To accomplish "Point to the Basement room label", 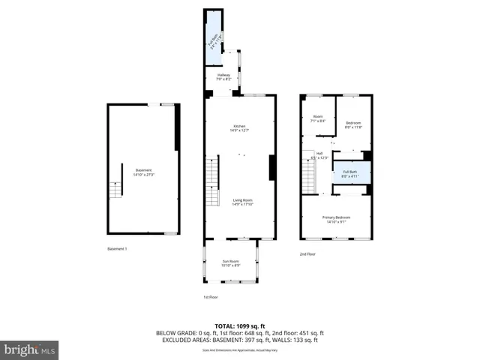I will pyautogui.click(x=143, y=172).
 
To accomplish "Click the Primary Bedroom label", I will pyautogui.click(x=337, y=219).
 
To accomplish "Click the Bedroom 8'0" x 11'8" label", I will pyautogui.click(x=353, y=124).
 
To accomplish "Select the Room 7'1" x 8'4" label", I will pyautogui.click(x=318, y=118).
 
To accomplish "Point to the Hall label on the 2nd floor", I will pyautogui.click(x=319, y=155).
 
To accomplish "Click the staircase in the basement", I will pyautogui.click(x=115, y=189).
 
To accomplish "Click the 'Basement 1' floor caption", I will pyautogui.click(x=118, y=249).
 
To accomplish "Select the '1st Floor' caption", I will pyautogui.click(x=211, y=297).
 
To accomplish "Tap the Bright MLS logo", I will pyautogui.click(x=30, y=349).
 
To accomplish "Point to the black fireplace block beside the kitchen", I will pyautogui.click(x=271, y=166).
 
